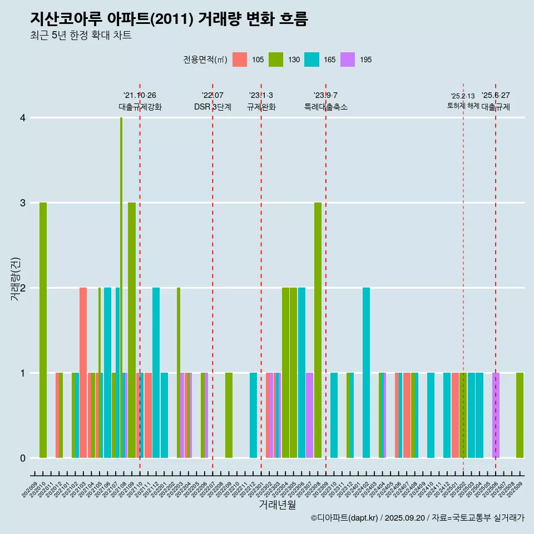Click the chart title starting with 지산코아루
pyautogui.click(x=169, y=19)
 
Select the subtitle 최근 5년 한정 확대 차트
pyautogui.click(x=81, y=36)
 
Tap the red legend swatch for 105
pyautogui.click(x=240, y=60)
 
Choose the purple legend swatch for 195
pyautogui.click(x=348, y=60)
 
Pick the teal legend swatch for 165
pyautogui.click(x=311, y=60)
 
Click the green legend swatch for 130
pyautogui.click(x=276, y=60)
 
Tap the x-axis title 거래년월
pyautogui.click(x=277, y=505)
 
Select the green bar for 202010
pyautogui.click(x=43, y=330)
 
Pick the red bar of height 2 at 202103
pyautogui.click(x=83, y=373)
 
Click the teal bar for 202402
pyautogui.click(x=366, y=373)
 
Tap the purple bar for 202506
pyautogui.click(x=496, y=415)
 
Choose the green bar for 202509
pyautogui.click(x=520, y=415)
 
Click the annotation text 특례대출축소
pyautogui.click(x=326, y=107)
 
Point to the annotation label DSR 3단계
pyautogui.click(x=212, y=107)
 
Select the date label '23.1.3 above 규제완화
pyautogui.click(x=261, y=95)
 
